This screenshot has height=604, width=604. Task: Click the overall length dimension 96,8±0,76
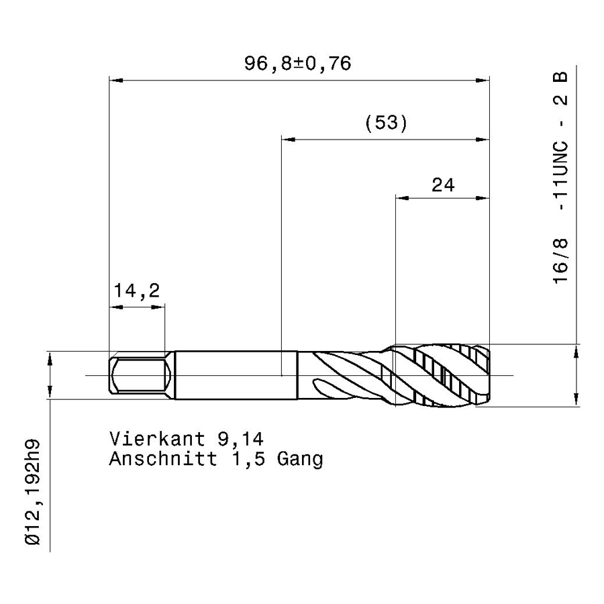coord(298,63)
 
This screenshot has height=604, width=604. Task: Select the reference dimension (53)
coord(386,123)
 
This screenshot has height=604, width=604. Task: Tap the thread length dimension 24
coord(443,185)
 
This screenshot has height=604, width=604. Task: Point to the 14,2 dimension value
coord(137,291)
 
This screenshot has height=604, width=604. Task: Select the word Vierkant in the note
coord(157,439)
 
